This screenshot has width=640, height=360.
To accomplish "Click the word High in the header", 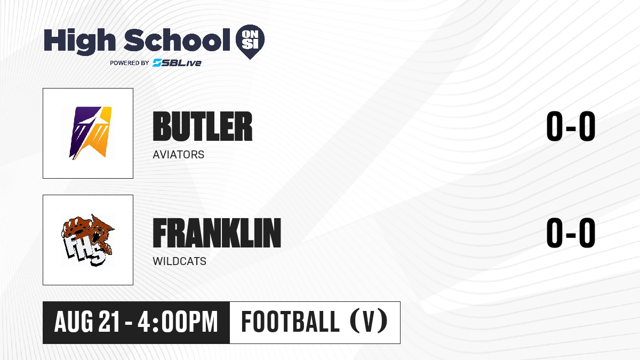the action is (x=80, y=42).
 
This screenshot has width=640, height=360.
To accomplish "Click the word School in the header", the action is (x=177, y=40).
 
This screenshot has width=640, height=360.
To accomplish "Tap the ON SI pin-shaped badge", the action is (x=250, y=42).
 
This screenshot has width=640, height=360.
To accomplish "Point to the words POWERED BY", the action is (x=130, y=63).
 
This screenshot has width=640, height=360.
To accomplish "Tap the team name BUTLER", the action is (x=203, y=126).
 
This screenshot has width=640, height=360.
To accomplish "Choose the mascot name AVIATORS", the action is (x=179, y=155).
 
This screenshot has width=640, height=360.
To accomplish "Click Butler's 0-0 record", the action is (x=571, y=126).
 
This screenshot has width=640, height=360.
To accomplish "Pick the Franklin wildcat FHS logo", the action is (x=87, y=240).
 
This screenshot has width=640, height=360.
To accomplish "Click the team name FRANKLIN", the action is (x=217, y=233).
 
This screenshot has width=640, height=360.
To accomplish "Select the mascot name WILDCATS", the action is (x=179, y=261).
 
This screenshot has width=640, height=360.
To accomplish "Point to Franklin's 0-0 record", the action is (x=571, y=233).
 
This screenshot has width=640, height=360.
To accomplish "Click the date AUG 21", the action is (x=86, y=322).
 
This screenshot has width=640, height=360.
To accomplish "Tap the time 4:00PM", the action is (x=178, y=322).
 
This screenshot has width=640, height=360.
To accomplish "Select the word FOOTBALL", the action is (x=290, y=322).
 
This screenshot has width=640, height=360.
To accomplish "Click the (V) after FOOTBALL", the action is (x=369, y=322).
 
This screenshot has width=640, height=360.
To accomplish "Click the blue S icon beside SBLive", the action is (x=157, y=63).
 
